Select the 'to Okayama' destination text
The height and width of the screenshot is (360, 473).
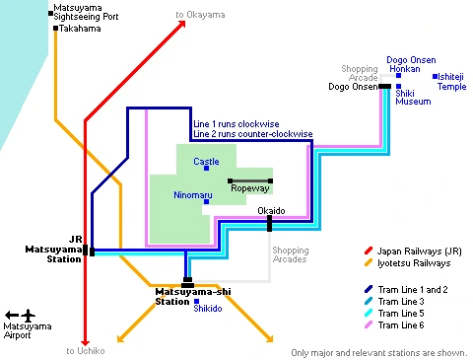[200, 15]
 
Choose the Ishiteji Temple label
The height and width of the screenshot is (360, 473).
[451, 81]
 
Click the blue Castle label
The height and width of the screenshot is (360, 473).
[206, 161]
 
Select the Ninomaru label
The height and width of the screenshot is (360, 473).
[190, 195]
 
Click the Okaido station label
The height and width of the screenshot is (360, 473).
[271, 211]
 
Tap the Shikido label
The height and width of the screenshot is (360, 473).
[207, 308]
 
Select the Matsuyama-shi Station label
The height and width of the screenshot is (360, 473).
[192, 297]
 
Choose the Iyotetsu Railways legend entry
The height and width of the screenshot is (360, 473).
[415, 263]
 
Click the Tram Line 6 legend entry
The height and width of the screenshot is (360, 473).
[401, 324]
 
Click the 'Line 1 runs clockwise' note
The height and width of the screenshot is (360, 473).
[236, 123]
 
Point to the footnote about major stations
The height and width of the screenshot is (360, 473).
[377, 352]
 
